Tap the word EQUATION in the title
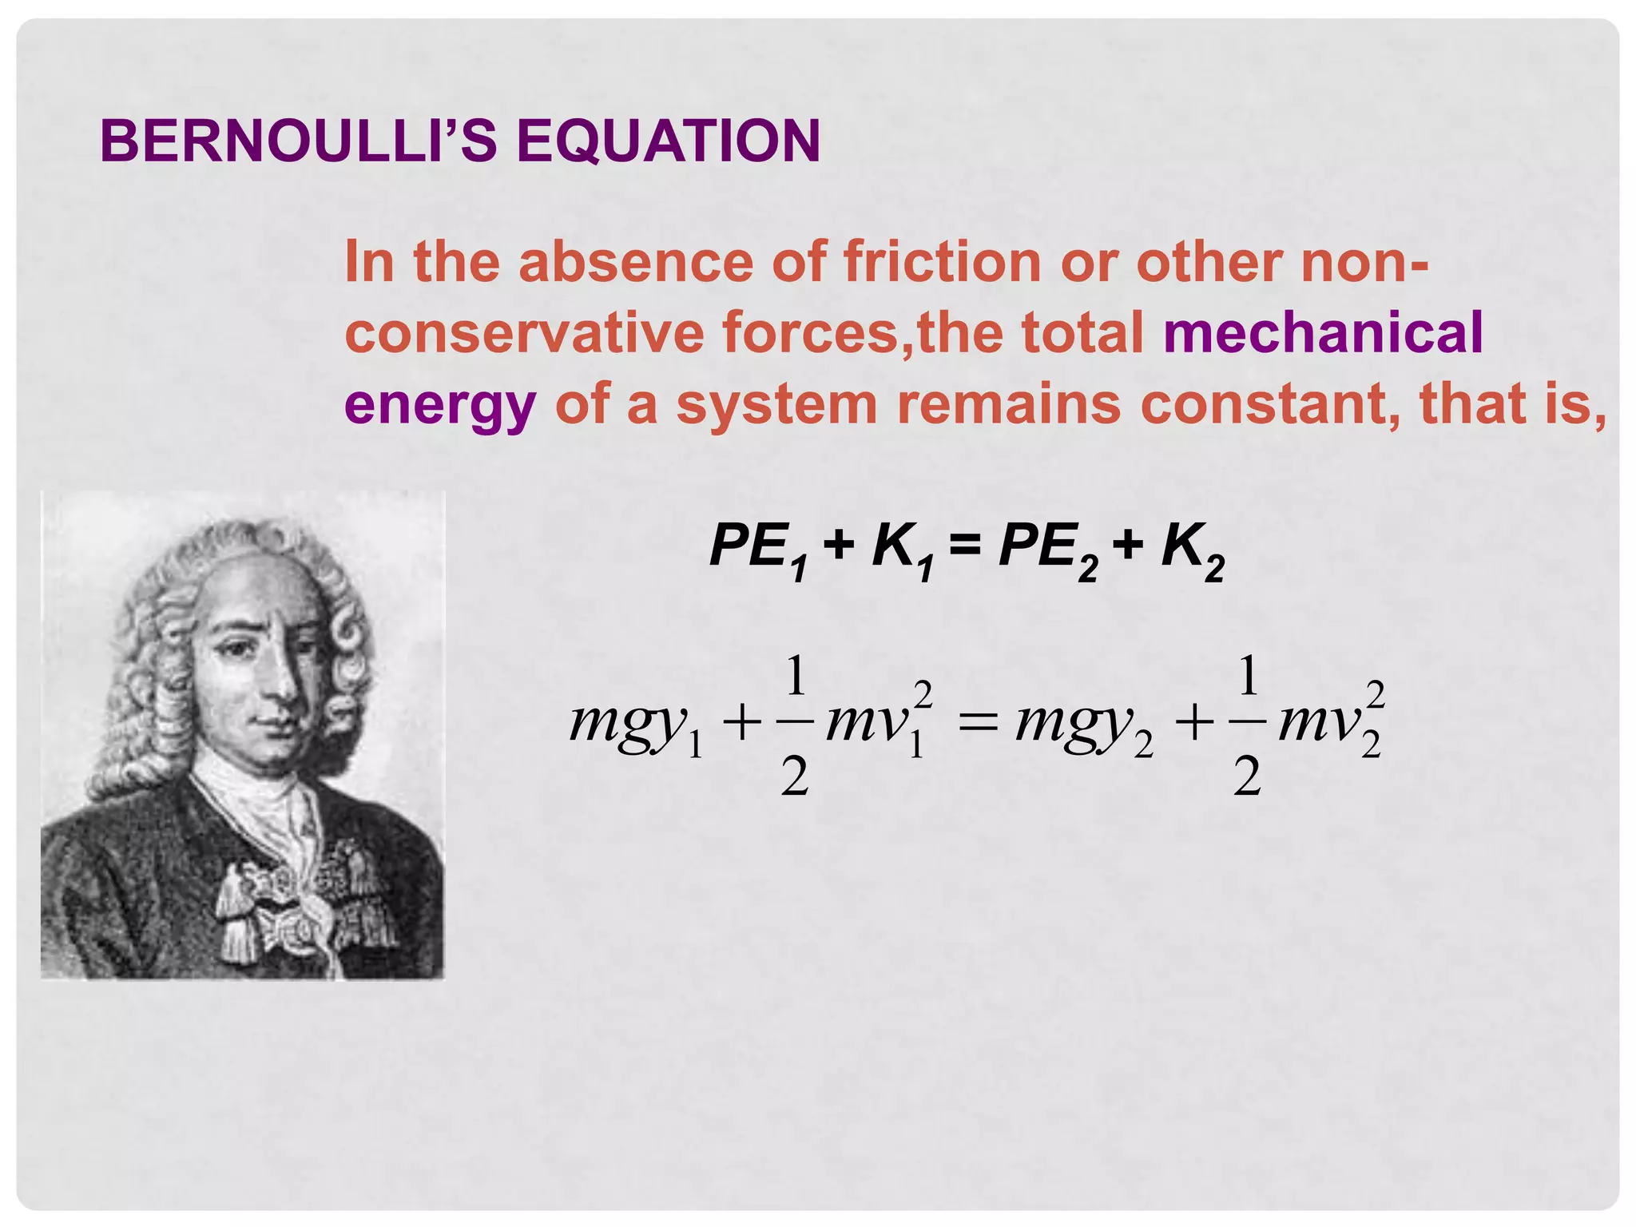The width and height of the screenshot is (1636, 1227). pyautogui.click(x=668, y=141)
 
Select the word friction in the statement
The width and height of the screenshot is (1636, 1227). pyautogui.click(x=942, y=261)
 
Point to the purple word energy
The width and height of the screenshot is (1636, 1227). pyautogui.click(x=439, y=406)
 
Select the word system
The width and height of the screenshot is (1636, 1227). pyautogui.click(x=776, y=406)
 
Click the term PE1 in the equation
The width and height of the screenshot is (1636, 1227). pyautogui.click(x=758, y=550)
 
